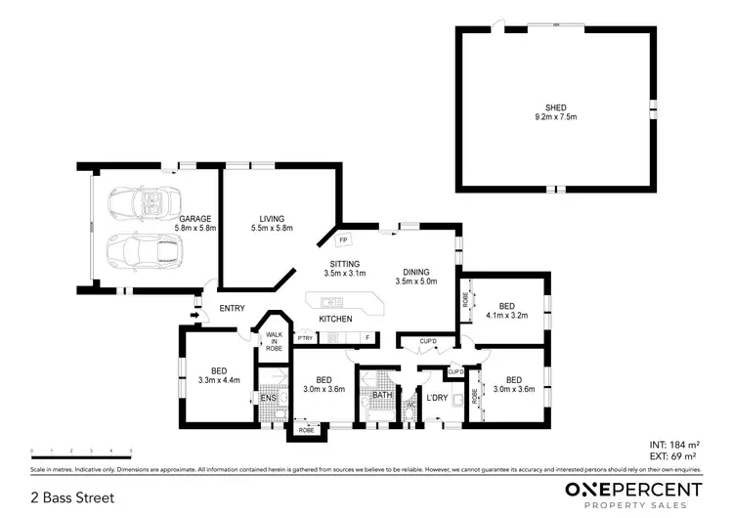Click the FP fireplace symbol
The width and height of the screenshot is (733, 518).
(343, 238)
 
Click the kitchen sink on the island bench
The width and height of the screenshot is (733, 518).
(330, 301)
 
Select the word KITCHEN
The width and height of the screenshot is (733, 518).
(335, 320)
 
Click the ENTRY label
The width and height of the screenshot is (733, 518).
(232, 309)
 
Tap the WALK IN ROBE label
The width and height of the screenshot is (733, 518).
(274, 340)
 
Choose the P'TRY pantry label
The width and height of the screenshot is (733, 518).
(306, 338)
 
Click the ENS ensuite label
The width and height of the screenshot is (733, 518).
(268, 398)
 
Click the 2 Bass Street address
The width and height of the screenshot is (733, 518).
(73, 497)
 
